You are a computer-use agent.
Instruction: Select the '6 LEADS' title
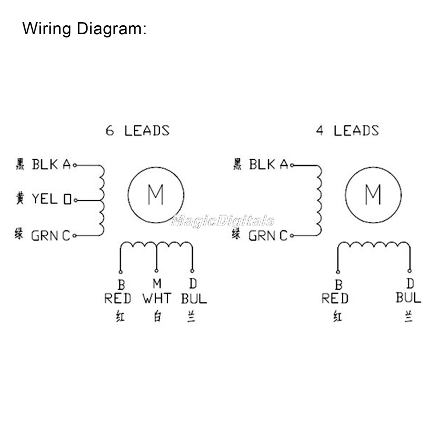tap(138, 131)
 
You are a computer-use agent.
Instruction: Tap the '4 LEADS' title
tap(347, 131)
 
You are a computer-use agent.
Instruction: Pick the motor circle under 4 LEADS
tap(373, 194)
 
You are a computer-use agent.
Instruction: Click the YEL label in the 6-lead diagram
tap(44, 199)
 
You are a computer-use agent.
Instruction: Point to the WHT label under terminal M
tap(157, 298)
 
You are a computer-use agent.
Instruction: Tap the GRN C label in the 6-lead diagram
tap(51, 235)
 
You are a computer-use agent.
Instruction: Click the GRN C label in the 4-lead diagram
tap(268, 235)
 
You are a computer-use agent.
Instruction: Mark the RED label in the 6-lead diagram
tap(118, 298)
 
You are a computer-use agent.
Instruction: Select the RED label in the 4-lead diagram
tap(335, 298)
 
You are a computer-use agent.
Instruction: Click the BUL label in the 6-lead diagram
tap(194, 298)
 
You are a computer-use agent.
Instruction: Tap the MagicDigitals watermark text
tap(222, 221)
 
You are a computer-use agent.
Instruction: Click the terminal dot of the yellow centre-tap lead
tap(75, 200)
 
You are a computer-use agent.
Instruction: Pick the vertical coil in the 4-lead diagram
tap(318, 200)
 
